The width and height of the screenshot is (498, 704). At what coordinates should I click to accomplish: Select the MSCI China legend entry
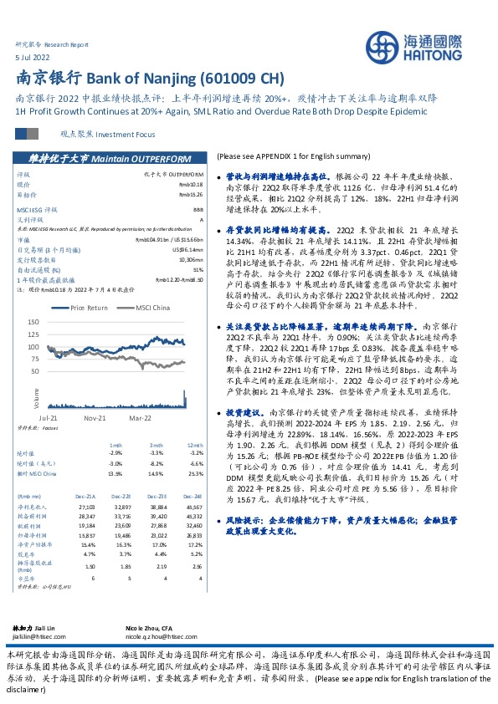tap(146, 308)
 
